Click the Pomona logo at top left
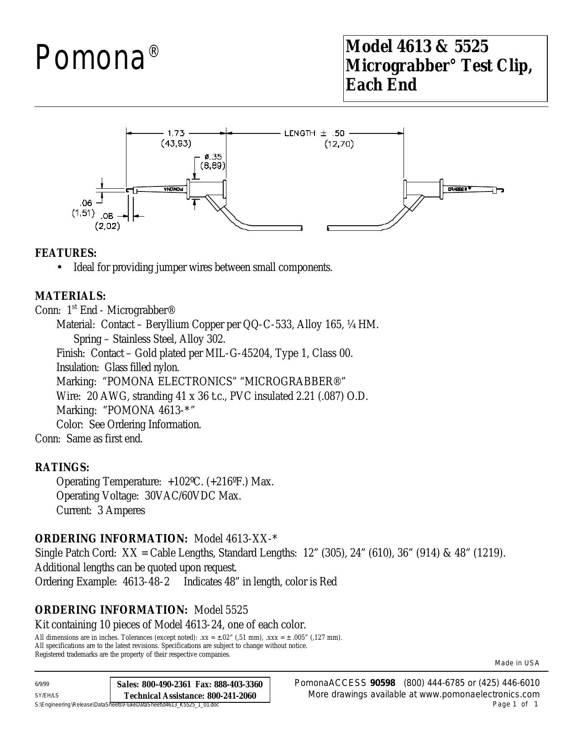tap(97, 58)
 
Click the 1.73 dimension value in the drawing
tap(176, 133)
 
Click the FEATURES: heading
tap(66, 253)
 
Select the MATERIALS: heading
tap(70, 296)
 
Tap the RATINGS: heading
tap(63, 467)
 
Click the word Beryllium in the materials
tap(162, 325)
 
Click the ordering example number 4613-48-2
tap(146, 582)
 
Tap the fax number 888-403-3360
tap(238, 685)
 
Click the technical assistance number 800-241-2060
tap(231, 696)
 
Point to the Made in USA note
tap(517, 663)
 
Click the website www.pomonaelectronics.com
tap(471, 694)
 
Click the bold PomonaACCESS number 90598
tap(383, 683)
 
